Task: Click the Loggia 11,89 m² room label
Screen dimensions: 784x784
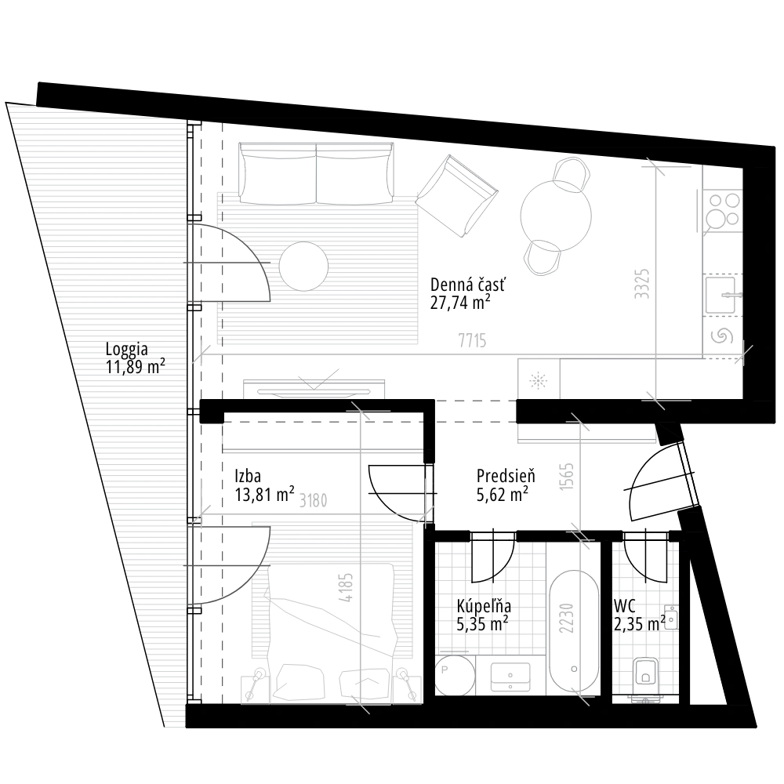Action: (x=134, y=358)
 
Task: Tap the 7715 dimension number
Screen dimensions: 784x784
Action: (x=472, y=340)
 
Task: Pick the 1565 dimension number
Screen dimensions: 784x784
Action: (x=567, y=477)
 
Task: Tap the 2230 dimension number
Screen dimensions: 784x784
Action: (x=567, y=617)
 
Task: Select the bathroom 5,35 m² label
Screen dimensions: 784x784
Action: (x=485, y=615)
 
